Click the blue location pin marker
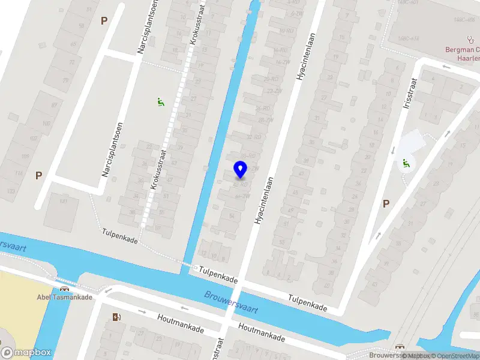(x=240, y=169)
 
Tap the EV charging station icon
(x=116, y=317)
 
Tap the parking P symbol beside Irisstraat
(x=386, y=203)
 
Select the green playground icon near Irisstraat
(x=407, y=162)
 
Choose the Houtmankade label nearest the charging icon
(x=180, y=324)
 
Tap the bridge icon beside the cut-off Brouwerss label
(x=400, y=346)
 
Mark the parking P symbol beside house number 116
(x=38, y=175)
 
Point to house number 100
(x=46, y=124)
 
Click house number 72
(x=73, y=61)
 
